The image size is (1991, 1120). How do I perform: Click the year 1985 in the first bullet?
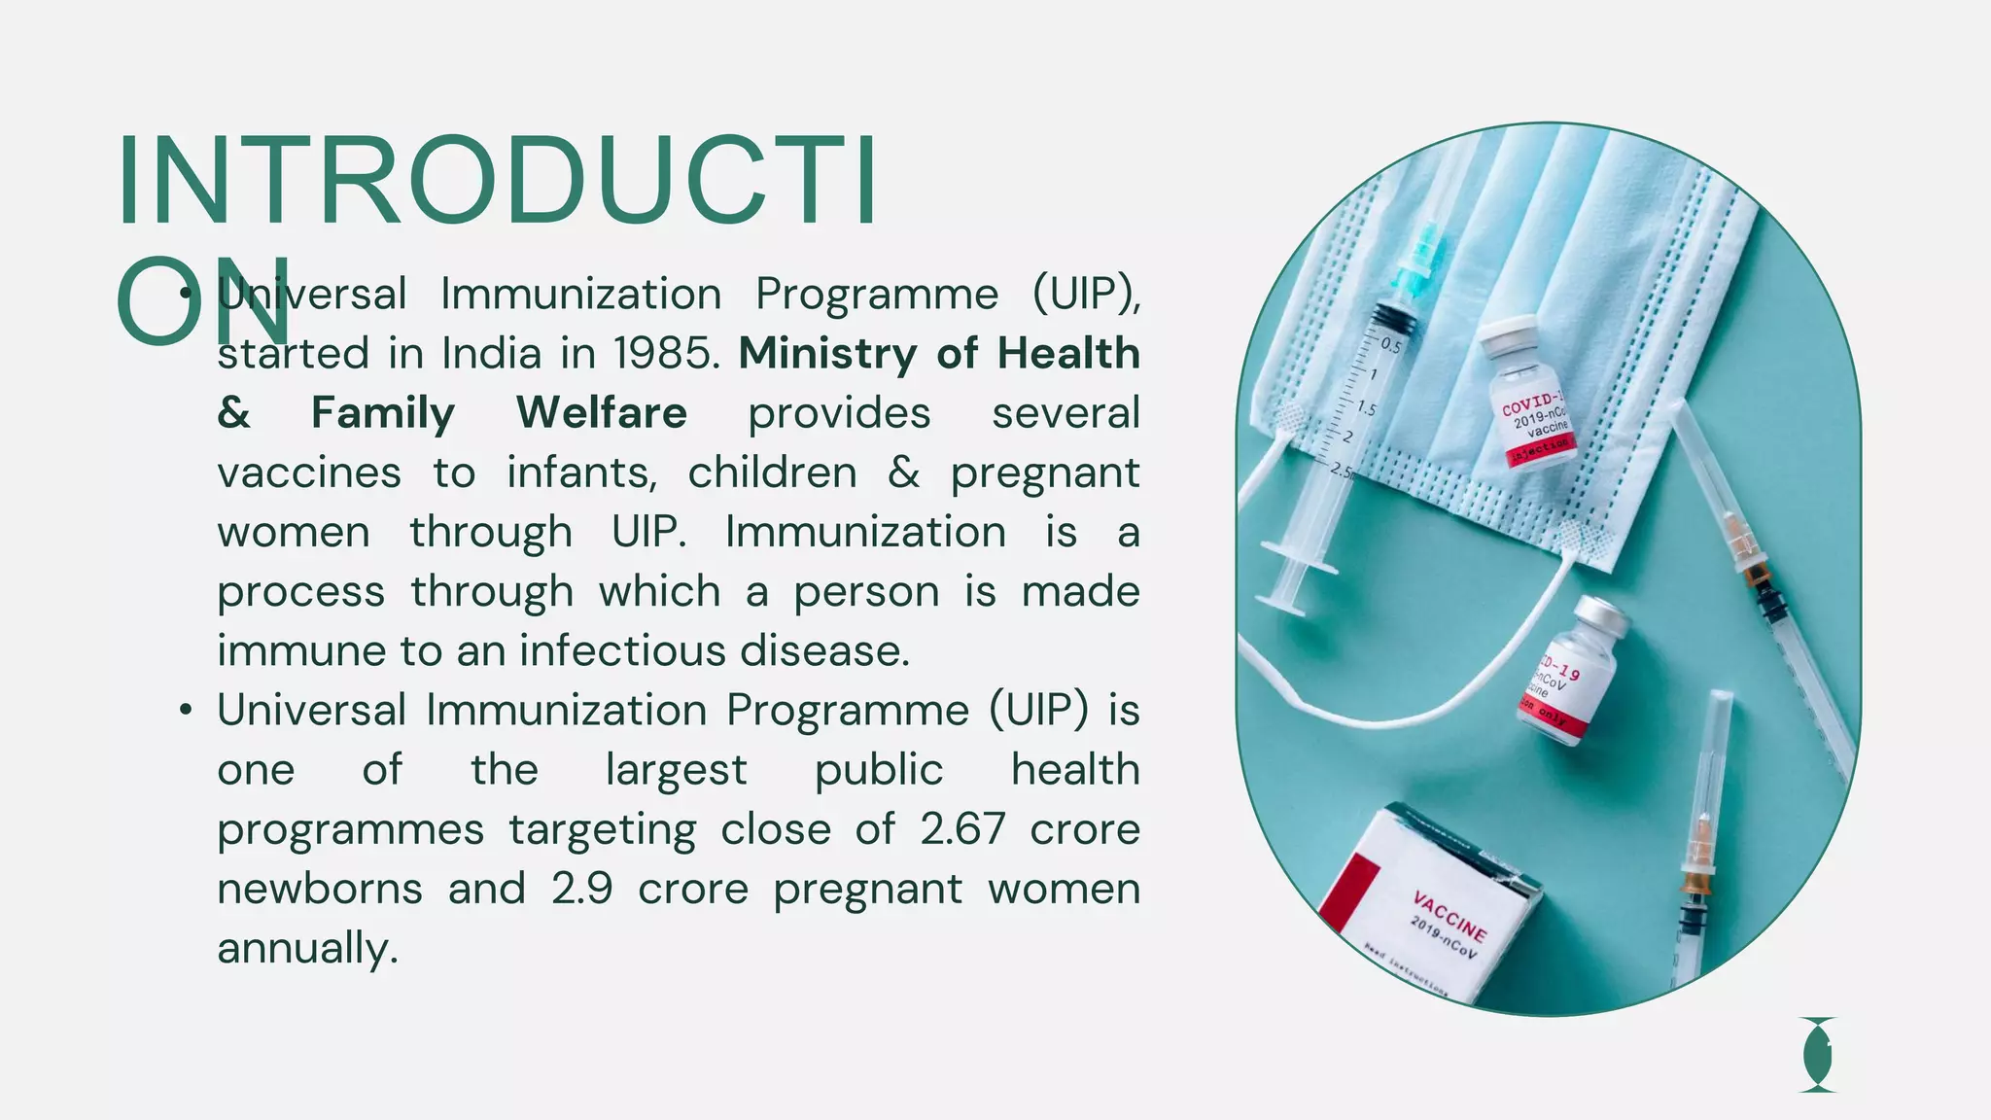(x=666, y=354)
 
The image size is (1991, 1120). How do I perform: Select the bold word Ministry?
(x=826, y=354)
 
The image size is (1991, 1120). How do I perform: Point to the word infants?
(x=581, y=473)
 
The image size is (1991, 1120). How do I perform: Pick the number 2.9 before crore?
(x=581, y=889)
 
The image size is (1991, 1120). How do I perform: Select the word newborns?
(x=320, y=889)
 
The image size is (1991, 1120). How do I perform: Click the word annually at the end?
(x=307, y=949)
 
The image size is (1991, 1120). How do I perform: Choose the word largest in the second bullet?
(x=676, y=770)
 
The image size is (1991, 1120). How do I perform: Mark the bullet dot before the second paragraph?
(x=186, y=711)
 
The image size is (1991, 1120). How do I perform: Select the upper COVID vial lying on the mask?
(x=1527, y=394)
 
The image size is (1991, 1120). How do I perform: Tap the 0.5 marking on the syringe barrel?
(x=1391, y=346)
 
